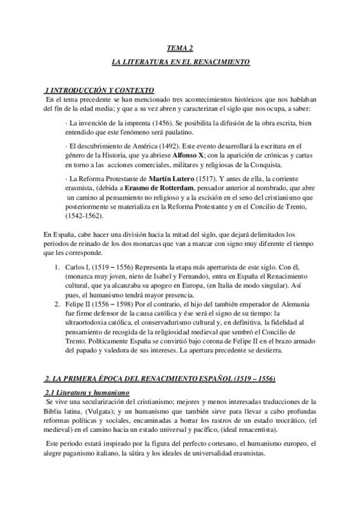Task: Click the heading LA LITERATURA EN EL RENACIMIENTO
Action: click(180, 62)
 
